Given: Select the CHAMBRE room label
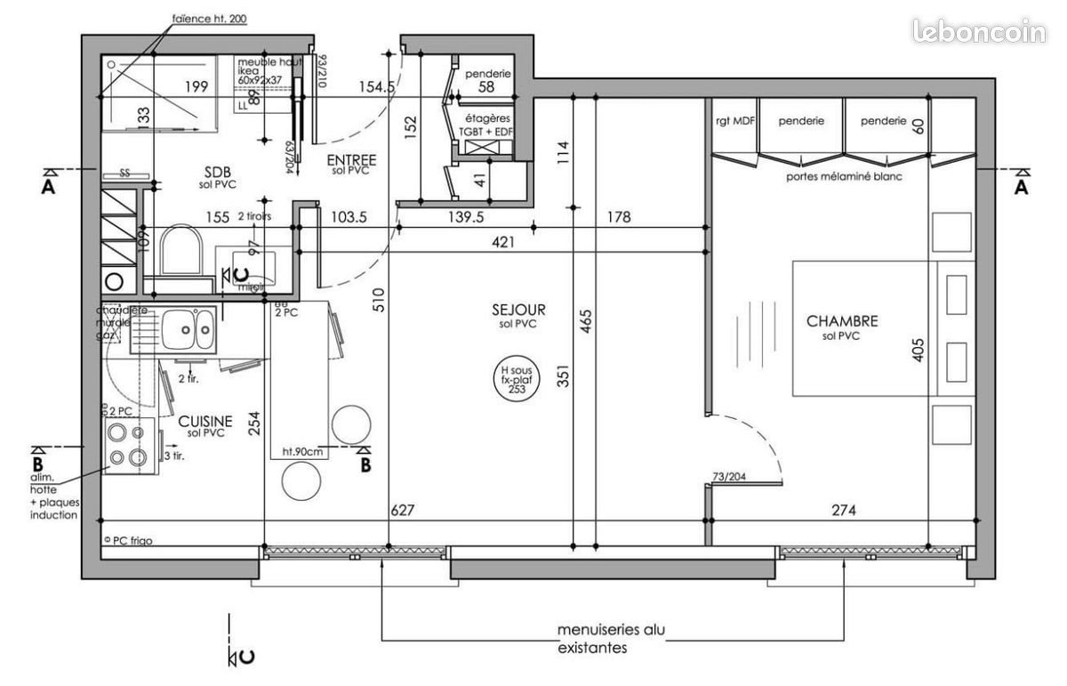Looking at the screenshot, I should [841, 321].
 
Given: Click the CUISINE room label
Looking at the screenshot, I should [205, 421].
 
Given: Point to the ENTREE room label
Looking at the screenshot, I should [351, 160].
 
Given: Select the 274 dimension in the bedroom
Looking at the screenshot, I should [843, 511].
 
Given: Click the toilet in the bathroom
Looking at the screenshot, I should [183, 252].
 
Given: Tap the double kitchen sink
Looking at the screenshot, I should [187, 330].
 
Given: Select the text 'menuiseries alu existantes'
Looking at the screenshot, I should [610, 639].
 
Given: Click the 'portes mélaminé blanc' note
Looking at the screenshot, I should [843, 176].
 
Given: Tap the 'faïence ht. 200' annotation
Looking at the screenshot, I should [210, 18].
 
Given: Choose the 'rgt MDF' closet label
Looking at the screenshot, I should [734, 120].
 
